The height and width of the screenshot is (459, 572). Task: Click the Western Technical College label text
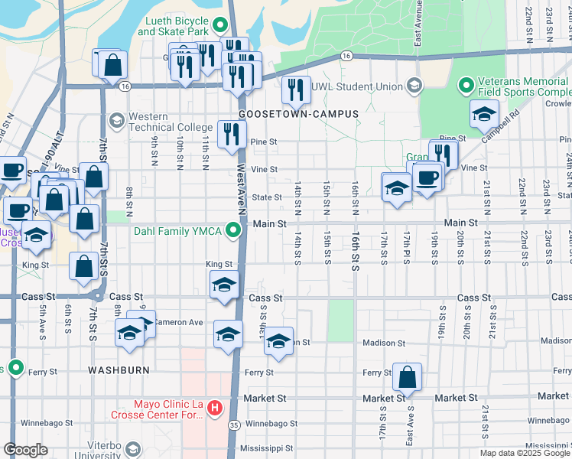(170, 122)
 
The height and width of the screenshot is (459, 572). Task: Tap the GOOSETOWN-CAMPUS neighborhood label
(298, 114)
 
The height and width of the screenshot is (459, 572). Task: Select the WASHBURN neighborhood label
(119, 369)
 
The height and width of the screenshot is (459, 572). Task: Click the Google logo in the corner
(25, 450)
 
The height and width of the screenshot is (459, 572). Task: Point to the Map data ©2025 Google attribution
(525, 453)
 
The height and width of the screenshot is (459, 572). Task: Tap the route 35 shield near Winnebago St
(234, 424)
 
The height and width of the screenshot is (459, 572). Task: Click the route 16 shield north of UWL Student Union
(346, 56)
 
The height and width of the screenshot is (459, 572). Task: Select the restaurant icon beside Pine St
(229, 134)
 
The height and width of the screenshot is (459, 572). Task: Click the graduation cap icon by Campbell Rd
(483, 114)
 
